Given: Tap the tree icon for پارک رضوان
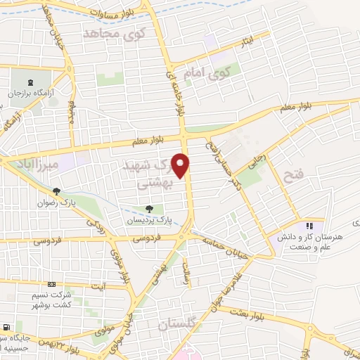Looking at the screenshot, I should pyautogui.click(x=56, y=191).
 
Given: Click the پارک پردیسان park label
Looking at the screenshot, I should pyautogui.click(x=148, y=221).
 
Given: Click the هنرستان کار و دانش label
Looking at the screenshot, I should pyautogui.click(x=319, y=242).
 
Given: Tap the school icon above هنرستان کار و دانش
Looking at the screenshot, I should pyautogui.click(x=308, y=226).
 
